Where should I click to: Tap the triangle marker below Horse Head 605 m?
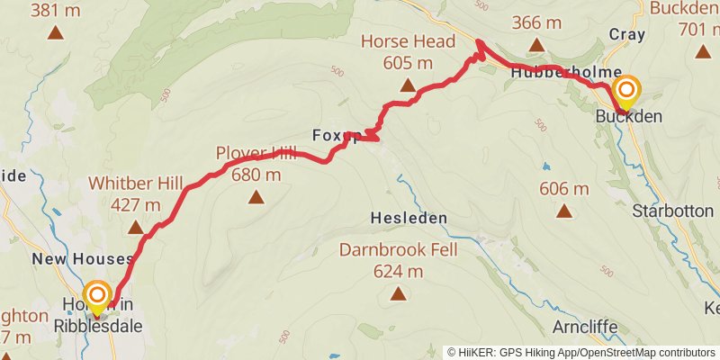tap(408, 87)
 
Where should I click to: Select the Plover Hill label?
tap(256, 153)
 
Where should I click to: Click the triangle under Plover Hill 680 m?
tap(256, 197)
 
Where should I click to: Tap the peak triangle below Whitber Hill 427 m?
tap(135, 228)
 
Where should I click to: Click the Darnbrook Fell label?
tap(399, 249)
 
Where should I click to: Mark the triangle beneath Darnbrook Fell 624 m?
tap(398, 293)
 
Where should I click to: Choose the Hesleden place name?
tap(409, 219)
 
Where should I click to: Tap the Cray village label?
tap(627, 35)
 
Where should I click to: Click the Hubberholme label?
tap(553, 72)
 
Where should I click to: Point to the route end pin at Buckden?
tap(626, 91)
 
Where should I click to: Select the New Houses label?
tap(83, 259)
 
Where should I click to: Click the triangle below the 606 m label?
tap(564, 212)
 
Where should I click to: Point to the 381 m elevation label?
tap(56, 11)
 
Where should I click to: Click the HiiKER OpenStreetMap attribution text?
tap(582, 352)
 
